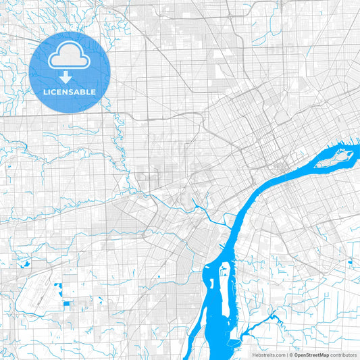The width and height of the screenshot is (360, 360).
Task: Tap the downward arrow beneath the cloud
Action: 69,76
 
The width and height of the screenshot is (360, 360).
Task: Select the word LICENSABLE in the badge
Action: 69,92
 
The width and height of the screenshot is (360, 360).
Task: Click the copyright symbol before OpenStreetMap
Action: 290,354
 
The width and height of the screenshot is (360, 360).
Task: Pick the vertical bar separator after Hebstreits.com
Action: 286,354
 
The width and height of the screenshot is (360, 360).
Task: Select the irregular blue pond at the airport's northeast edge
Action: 59,290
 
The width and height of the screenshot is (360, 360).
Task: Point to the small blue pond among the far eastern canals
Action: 350,262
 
